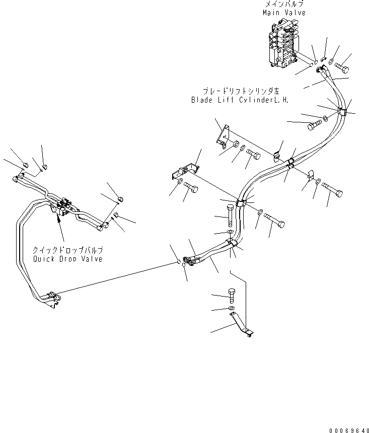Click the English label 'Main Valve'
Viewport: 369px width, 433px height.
point(283,13)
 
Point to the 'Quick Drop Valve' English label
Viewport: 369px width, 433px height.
point(67,259)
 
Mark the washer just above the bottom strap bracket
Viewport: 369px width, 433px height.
point(230,308)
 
